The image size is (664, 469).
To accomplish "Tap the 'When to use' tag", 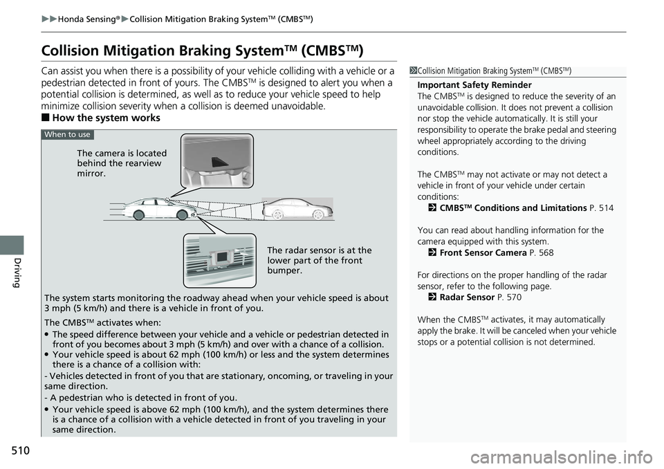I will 66,134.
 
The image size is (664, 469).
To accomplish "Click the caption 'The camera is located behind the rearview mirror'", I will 122,163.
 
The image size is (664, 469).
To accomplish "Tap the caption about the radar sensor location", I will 319,260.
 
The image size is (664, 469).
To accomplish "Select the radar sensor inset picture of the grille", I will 219,260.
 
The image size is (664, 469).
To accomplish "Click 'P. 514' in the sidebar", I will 601,208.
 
